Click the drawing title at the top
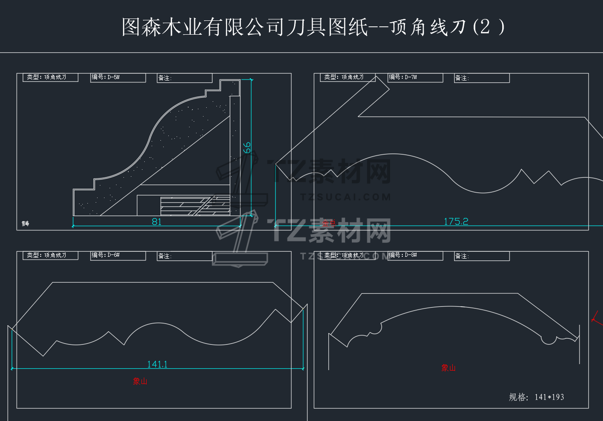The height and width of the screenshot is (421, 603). point(314,27)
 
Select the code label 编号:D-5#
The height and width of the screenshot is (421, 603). point(118,78)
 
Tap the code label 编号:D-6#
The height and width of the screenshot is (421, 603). point(118,256)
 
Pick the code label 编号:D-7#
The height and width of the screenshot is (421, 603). point(415,78)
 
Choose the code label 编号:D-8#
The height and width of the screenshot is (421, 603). point(415,256)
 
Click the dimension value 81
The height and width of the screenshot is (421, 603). point(157,222)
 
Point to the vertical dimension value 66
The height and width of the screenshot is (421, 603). point(247,148)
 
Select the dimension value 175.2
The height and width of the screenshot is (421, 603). point(456,222)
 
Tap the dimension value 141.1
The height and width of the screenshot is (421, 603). point(157,365)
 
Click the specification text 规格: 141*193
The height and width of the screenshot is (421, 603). point(536,397)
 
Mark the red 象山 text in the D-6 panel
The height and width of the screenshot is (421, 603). point(140,382)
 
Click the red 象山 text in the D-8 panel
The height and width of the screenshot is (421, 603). point(448,368)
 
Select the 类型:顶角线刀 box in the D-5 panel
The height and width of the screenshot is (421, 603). point(50,78)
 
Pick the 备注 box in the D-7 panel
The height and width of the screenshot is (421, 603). point(481,78)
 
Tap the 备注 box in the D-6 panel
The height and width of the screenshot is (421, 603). point(185,256)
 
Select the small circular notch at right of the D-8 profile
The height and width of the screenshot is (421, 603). point(548,339)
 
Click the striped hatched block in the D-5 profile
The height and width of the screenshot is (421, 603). point(195,206)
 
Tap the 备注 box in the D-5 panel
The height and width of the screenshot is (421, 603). point(185,78)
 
